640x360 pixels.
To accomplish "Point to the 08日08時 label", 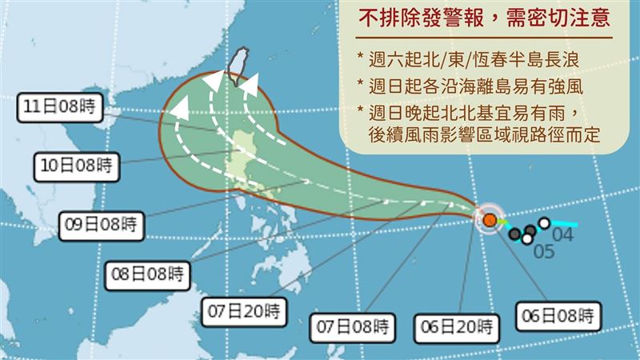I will (x=149, y=274).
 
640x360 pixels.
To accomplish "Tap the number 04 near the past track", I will (x=563, y=235).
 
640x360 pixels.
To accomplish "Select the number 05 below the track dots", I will (x=544, y=252).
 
